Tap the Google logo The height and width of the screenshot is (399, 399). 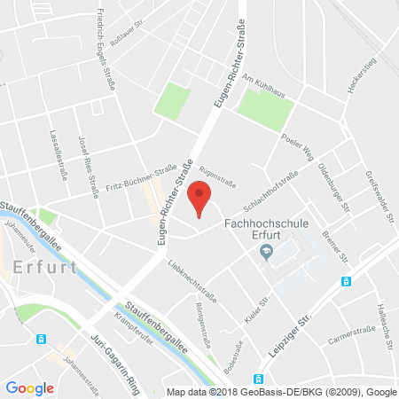coord(30,387)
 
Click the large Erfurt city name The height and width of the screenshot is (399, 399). coord(45,266)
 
